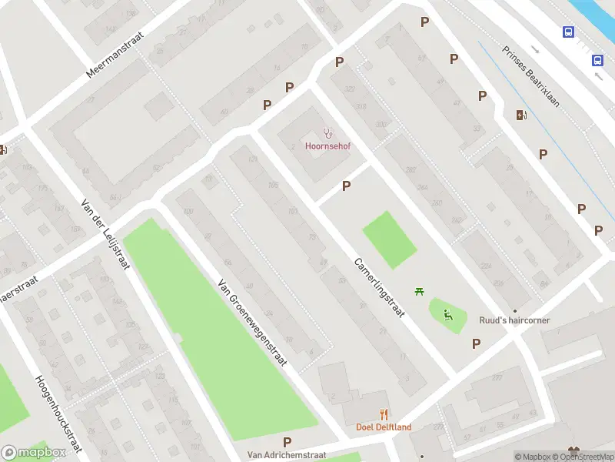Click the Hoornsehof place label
click(327, 146)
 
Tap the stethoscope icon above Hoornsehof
click(327, 132)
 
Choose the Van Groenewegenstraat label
click(251, 321)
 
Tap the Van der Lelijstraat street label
click(105, 234)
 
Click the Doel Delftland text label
click(383, 427)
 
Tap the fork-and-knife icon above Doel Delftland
click(384, 414)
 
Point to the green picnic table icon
click(420, 291)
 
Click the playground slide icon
click(447, 313)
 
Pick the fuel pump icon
click(522, 115)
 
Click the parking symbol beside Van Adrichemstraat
click(287, 442)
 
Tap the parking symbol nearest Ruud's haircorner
click(477, 343)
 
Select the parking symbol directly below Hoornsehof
click(347, 186)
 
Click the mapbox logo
click(33, 453)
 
